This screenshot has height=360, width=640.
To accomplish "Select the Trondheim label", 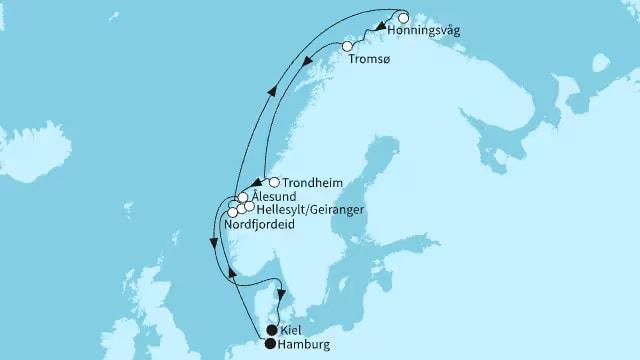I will pyautogui.click(x=314, y=183).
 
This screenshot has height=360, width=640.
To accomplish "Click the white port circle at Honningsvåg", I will pyautogui.click(x=403, y=18).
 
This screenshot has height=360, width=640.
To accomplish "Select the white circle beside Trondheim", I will pyautogui.click(x=274, y=183).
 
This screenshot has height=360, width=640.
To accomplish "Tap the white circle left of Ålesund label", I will pyautogui.click(x=243, y=197).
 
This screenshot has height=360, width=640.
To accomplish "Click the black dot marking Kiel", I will pyautogui.click(x=272, y=329).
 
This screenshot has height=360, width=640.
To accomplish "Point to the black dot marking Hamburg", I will pyautogui.click(x=270, y=343).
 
